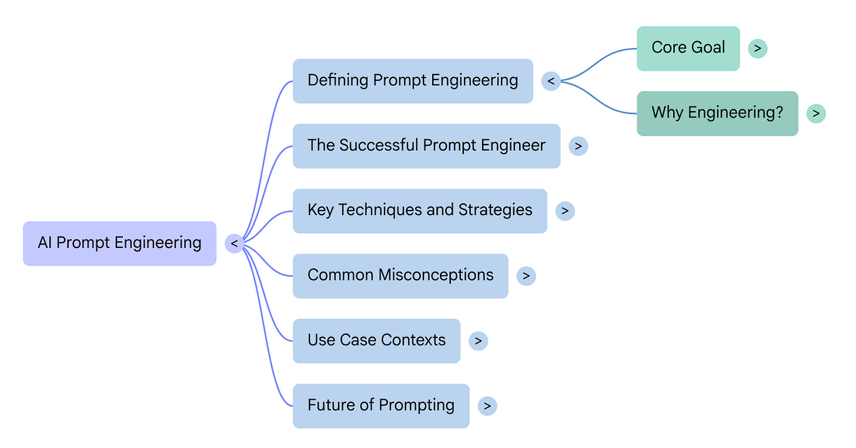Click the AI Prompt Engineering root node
(x=119, y=243)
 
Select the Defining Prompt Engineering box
(x=413, y=81)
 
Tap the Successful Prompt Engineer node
(x=426, y=146)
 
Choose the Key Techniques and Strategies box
(x=420, y=211)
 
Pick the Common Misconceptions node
(x=400, y=276)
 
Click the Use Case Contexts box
(x=376, y=341)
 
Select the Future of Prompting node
(x=381, y=406)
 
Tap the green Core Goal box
(x=688, y=48)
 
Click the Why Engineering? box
(x=717, y=113)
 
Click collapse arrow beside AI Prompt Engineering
(x=234, y=243)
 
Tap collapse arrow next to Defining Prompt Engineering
(x=550, y=81)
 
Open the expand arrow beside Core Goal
(x=757, y=48)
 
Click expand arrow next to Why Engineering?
(x=816, y=113)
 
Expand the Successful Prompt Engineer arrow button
(x=578, y=146)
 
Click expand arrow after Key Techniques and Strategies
(x=564, y=211)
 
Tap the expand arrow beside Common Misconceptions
(x=526, y=276)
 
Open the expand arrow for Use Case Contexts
(x=478, y=341)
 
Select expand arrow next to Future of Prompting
(x=487, y=406)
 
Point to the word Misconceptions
(x=436, y=275)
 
